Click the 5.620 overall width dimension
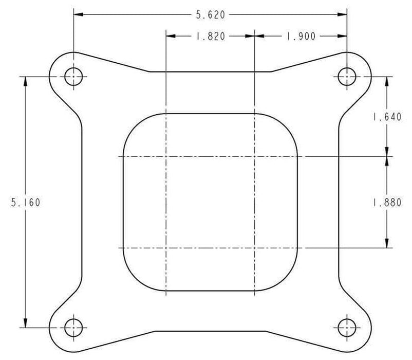coord(210,15)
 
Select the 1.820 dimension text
coord(210,37)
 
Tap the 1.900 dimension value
coord(301,37)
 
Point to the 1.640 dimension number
coord(387,117)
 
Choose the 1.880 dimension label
coord(387,202)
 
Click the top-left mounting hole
coord(73,77)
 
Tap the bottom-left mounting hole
coord(73,327)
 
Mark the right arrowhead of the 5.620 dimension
coord(343,15)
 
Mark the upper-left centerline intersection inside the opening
coord(165,156)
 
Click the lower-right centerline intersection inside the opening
coord(255,248)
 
